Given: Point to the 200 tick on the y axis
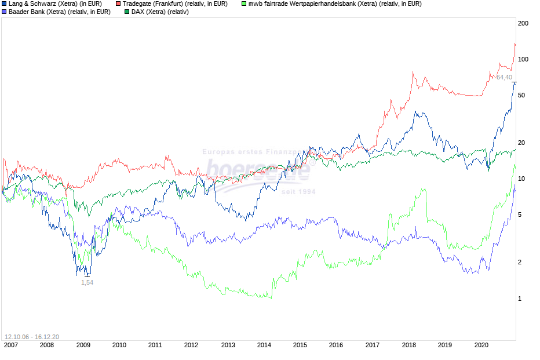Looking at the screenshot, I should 524,23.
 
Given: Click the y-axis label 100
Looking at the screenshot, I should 524,59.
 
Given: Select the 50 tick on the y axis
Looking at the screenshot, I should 522,95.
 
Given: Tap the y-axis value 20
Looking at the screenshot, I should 522,143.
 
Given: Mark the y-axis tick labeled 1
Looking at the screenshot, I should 520,299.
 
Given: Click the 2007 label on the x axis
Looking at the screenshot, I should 11,345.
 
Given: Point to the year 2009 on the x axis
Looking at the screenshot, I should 83,345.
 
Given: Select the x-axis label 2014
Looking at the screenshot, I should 264,345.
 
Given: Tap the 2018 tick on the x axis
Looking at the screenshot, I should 408,345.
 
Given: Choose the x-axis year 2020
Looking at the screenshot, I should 481,345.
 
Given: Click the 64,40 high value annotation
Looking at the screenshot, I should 504,78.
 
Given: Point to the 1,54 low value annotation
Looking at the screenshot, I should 87,282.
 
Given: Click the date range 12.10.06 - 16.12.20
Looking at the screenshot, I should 32,336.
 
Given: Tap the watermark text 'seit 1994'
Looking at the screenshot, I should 298,192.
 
